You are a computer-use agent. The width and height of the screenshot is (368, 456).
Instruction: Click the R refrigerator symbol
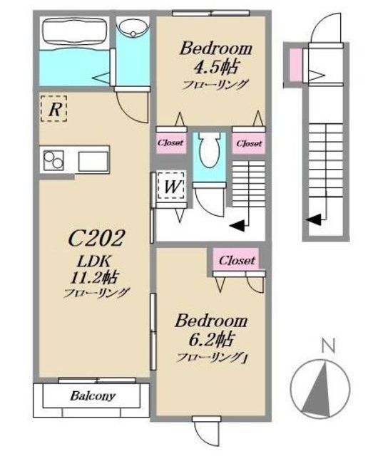(x=54, y=108)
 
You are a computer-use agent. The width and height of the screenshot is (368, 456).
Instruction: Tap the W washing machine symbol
(x=171, y=186)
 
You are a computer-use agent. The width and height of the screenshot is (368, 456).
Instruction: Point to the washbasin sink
(x=133, y=28)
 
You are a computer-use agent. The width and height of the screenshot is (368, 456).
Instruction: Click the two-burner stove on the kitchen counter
(x=54, y=160)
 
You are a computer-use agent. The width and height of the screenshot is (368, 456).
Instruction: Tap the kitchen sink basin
(x=93, y=162)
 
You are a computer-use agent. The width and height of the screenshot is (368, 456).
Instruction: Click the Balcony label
(x=93, y=396)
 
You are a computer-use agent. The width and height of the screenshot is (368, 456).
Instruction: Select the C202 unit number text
(x=97, y=238)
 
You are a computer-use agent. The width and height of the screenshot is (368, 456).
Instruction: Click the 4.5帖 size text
(x=216, y=66)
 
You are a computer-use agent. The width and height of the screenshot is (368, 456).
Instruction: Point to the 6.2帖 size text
(x=211, y=339)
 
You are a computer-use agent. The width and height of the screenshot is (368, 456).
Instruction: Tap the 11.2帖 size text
(x=93, y=278)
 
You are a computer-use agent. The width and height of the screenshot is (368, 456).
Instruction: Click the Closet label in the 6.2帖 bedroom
(x=237, y=260)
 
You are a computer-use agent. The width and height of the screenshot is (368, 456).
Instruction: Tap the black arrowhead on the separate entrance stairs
(x=314, y=219)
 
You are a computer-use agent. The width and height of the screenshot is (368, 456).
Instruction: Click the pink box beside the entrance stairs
(x=295, y=65)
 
